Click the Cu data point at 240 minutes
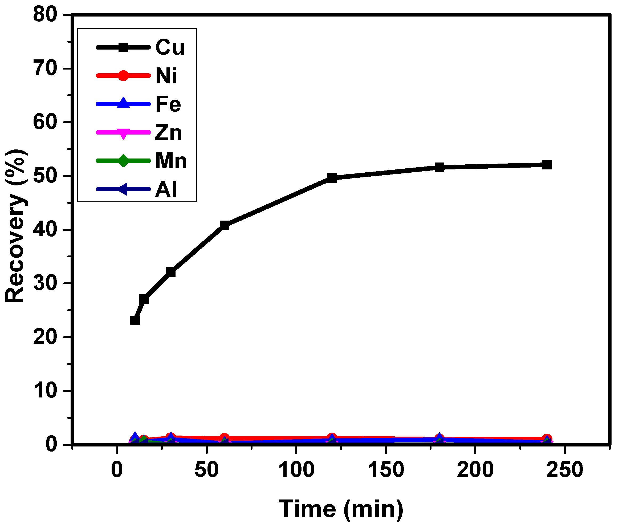click(547, 165)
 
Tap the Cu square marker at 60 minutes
click(224, 226)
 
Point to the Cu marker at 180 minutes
click(439, 167)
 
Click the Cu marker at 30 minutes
click(170, 272)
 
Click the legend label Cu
click(170, 47)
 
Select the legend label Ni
click(166, 76)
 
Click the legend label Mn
click(171, 161)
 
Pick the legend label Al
click(166, 189)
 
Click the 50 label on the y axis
click(45, 176)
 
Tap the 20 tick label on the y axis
click(45, 337)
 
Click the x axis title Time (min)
click(341, 509)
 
